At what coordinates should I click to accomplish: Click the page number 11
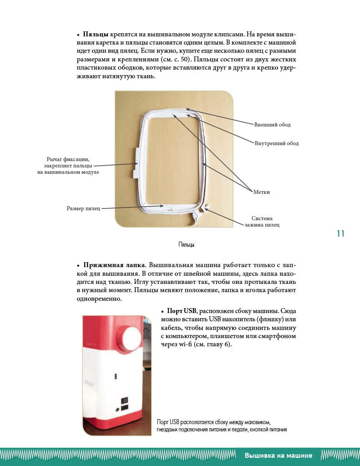340,234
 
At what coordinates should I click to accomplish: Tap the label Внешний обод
272,125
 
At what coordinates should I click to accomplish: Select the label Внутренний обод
276,143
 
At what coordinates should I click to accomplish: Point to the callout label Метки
261,192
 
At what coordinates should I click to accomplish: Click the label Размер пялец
81,208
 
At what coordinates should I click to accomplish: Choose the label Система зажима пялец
262,222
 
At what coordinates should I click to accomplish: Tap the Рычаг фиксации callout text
68,166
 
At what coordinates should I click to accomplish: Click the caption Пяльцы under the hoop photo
186,245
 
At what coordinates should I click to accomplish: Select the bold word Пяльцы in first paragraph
96,34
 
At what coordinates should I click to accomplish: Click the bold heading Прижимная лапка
114,265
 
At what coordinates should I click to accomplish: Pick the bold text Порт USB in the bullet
182,311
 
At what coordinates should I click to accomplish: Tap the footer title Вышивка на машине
278,456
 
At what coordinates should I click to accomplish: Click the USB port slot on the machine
116,376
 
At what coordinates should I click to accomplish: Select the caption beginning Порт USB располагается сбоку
222,426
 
